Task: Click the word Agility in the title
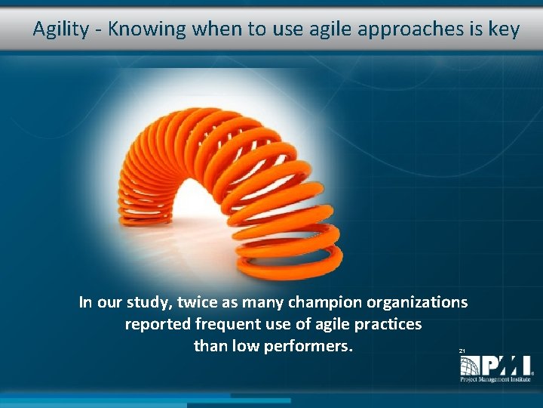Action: [x=60, y=29]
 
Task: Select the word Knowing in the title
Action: [x=147, y=29]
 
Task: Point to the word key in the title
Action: [x=504, y=29]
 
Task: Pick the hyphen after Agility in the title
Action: [x=98, y=30]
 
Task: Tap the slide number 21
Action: [x=462, y=351]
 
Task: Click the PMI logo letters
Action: [x=494, y=365]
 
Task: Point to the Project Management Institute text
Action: [x=496, y=379]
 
